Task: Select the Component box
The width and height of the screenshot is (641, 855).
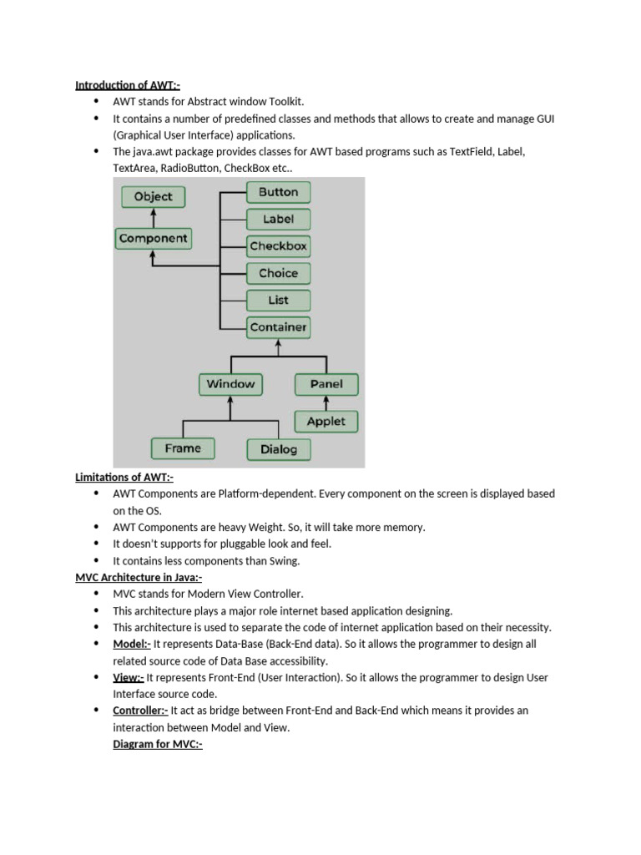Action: (x=154, y=239)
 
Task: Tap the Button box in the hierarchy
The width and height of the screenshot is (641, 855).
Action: (x=279, y=192)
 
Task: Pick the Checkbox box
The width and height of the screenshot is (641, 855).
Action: (x=279, y=246)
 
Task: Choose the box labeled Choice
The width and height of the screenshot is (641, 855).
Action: (x=279, y=273)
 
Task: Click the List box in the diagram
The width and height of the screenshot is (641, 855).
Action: (x=279, y=300)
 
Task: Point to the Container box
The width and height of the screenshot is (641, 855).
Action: (x=279, y=327)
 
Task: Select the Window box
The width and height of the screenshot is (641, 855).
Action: (x=230, y=384)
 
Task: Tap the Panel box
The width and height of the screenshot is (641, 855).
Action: (x=326, y=384)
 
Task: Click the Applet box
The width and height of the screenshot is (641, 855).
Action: (x=326, y=422)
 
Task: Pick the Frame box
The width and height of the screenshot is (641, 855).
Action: (x=183, y=448)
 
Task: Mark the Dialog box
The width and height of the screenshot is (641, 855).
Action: (x=279, y=449)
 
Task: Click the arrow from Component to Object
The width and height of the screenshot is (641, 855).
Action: (x=154, y=217)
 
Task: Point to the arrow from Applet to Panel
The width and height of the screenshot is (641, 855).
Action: (x=326, y=402)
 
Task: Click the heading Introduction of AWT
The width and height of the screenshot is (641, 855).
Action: (x=127, y=85)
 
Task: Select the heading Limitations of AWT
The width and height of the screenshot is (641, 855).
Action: (x=124, y=477)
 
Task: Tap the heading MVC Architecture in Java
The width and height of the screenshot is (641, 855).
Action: (x=139, y=577)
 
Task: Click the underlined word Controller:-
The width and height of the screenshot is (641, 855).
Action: (x=140, y=711)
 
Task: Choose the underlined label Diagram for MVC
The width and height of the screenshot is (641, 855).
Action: (x=158, y=744)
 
